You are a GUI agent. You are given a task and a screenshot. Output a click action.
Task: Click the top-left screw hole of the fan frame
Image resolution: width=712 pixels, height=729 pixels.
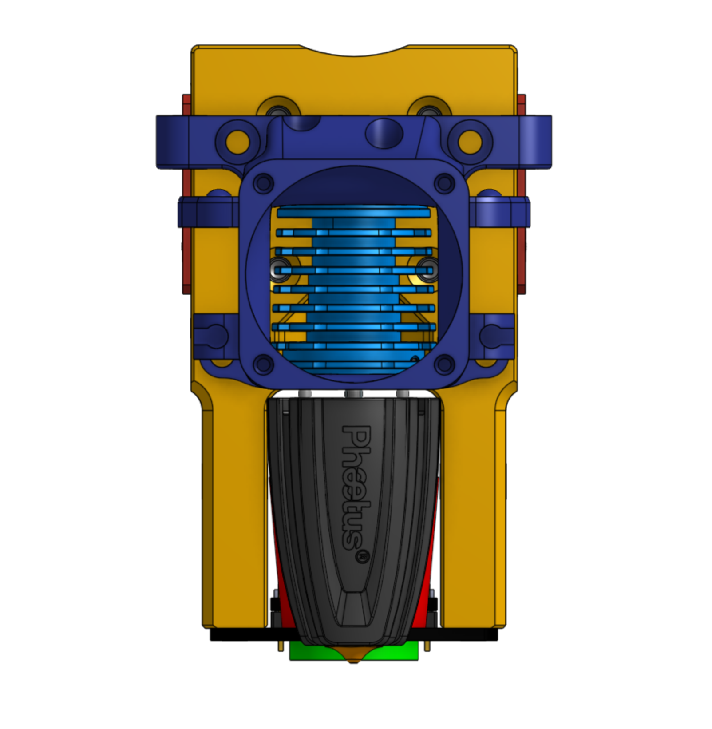coord(265,182)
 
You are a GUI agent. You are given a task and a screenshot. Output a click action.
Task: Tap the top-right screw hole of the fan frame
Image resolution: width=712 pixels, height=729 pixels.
coord(443,182)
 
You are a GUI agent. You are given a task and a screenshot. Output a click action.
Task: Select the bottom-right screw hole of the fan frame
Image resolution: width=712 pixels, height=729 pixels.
coord(444,365)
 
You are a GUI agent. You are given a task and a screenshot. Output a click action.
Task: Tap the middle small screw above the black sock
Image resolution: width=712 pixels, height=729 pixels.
coord(353,394)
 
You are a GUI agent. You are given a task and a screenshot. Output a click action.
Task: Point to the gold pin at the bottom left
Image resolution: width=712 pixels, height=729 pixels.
coord(281,646)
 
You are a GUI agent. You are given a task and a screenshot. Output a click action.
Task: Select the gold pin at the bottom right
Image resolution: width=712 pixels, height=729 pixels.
coord(427,646)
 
